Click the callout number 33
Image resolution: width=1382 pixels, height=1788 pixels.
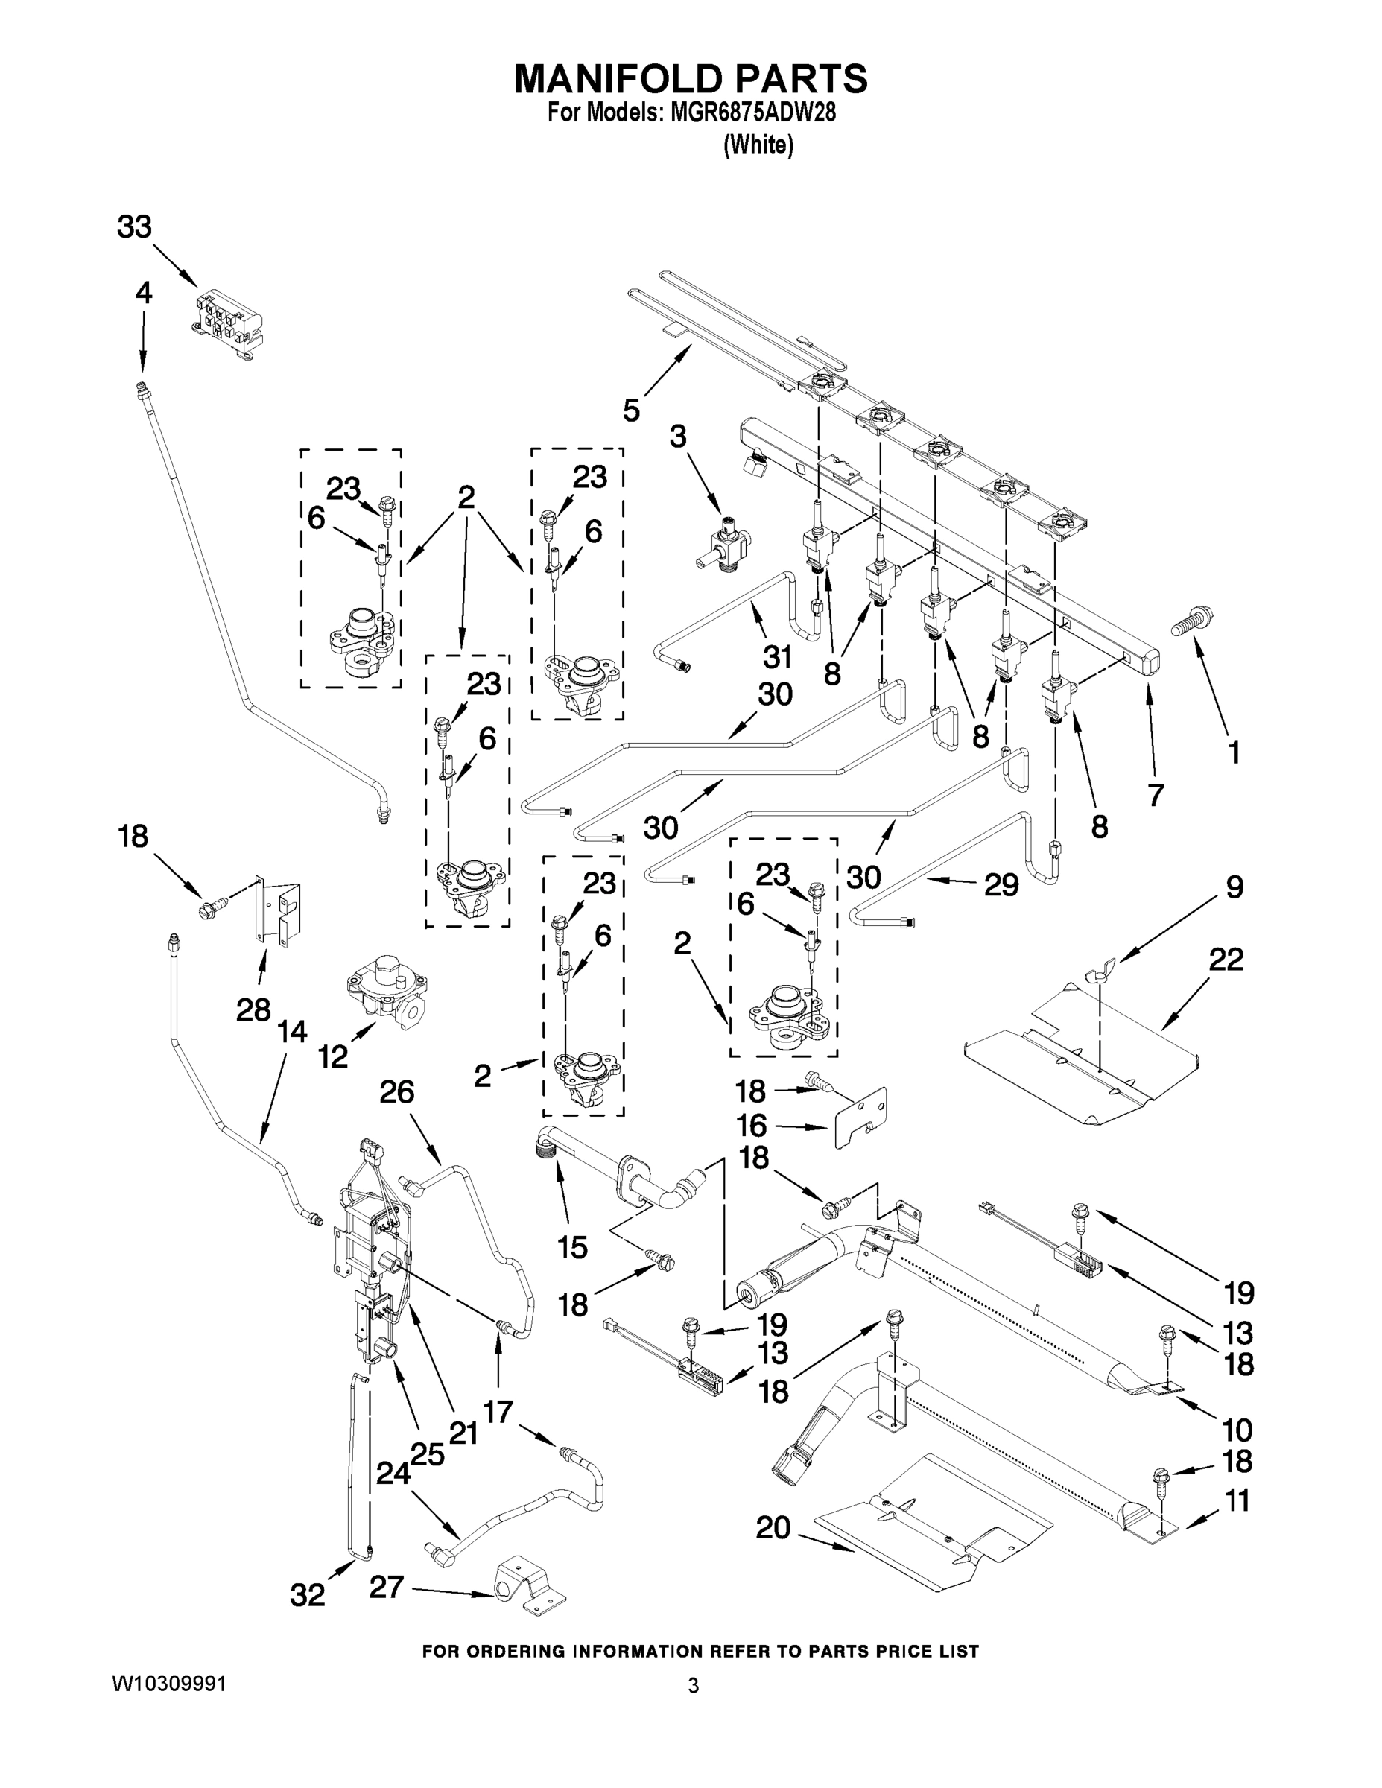(134, 226)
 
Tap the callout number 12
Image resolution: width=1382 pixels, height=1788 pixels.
(333, 1058)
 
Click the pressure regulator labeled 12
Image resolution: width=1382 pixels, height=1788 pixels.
(384, 992)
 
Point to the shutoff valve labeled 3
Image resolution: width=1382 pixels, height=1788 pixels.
(721, 548)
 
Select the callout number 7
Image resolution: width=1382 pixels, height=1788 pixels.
(1156, 793)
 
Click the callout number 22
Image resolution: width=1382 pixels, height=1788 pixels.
(1226, 960)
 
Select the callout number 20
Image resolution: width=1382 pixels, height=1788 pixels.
(773, 1528)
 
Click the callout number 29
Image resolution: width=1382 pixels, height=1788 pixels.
(1001, 885)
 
